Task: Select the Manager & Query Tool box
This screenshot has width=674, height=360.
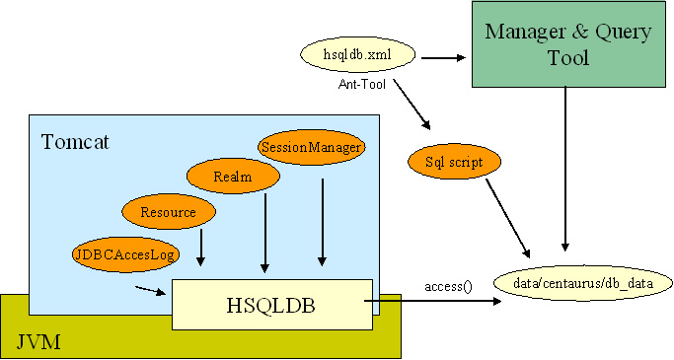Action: [x=567, y=44]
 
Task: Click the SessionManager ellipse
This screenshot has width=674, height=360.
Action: [x=311, y=147]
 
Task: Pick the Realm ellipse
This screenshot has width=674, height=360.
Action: [x=233, y=177]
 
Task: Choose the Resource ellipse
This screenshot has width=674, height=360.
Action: [x=168, y=211]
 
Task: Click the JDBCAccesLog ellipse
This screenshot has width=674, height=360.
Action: [x=124, y=253]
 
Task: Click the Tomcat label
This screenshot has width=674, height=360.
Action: [x=75, y=142]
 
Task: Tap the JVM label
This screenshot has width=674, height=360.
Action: [x=37, y=341]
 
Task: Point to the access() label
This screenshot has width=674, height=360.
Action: [x=448, y=286]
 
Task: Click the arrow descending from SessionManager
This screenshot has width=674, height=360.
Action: [x=322, y=221]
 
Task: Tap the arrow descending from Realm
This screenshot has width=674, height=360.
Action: [x=263, y=233]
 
